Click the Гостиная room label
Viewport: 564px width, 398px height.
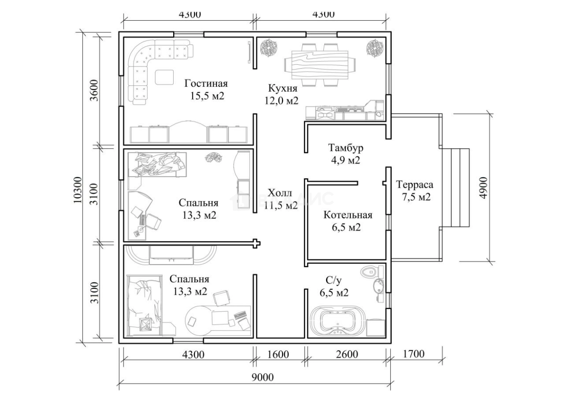click(x=206, y=84)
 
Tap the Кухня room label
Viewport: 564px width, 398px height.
click(x=282, y=88)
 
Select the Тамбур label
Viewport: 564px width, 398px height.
click(x=345, y=148)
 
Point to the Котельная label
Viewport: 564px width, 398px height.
click(x=348, y=215)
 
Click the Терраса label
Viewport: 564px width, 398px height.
click(x=414, y=185)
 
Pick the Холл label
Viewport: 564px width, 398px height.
click(x=280, y=193)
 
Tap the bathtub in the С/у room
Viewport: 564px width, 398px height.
click(x=336, y=321)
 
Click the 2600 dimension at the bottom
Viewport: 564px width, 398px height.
click(x=347, y=354)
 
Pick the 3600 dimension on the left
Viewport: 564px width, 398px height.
click(x=94, y=91)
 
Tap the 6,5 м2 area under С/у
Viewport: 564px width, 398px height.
click(x=334, y=293)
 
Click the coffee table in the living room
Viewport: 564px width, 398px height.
click(x=164, y=77)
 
